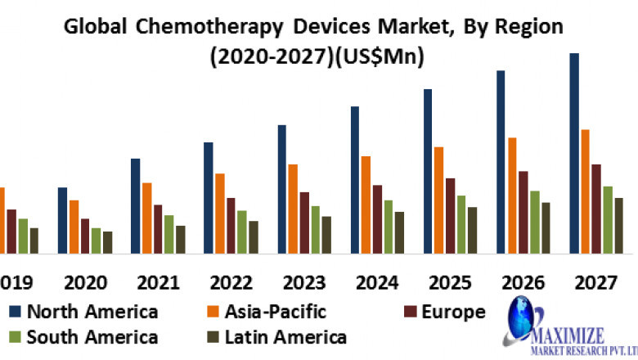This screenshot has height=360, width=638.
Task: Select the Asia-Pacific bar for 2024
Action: [x=366, y=205]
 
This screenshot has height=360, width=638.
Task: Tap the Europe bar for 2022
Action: [x=231, y=225]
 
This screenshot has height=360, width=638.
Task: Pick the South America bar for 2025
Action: [x=461, y=224]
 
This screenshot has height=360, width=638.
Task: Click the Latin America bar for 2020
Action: [x=107, y=242]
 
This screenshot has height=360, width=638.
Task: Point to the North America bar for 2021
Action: [x=135, y=205]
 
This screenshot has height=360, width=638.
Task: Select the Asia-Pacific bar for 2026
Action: [x=512, y=196]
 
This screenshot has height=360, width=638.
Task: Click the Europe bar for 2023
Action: [x=304, y=223]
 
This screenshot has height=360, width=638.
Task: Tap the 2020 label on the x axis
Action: [x=85, y=283]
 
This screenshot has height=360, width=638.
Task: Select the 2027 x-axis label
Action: [x=595, y=283]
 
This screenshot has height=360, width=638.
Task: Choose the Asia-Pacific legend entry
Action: [x=267, y=312]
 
